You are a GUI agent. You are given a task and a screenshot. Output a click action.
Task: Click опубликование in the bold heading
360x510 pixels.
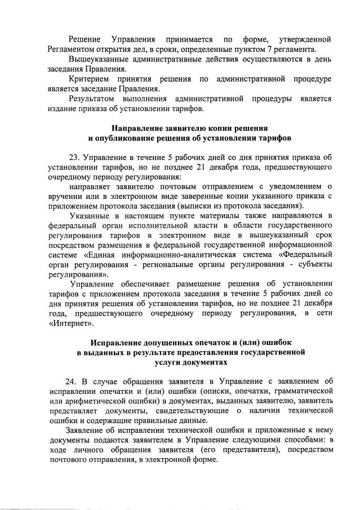tap(125, 139)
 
